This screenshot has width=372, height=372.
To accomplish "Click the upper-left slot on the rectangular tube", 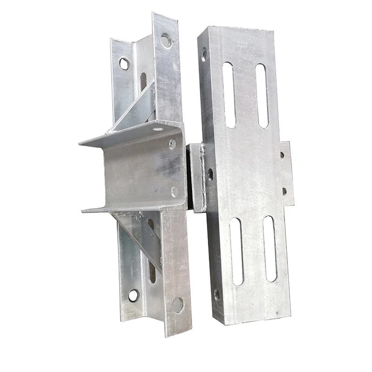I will click(229, 95).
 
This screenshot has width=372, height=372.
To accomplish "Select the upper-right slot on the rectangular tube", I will click(262, 95).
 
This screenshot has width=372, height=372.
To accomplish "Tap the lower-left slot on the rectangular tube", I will click(236, 251).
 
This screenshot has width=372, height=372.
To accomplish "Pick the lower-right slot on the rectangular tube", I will click(270, 249).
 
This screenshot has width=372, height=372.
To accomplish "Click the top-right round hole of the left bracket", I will click(166, 40).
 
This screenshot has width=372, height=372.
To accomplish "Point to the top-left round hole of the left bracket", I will click(124, 63).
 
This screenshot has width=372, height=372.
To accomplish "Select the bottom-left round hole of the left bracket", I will click(133, 295).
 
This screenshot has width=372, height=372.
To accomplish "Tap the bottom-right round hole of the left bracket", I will click(177, 305).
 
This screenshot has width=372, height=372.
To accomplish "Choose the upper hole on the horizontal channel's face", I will click(173, 144).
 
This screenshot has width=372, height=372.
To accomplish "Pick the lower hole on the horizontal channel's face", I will click(174, 191).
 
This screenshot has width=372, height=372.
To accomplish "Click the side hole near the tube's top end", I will click(204, 55).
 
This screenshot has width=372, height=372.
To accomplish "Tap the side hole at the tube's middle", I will click(210, 175).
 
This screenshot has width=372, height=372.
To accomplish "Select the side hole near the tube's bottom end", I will click(217, 295).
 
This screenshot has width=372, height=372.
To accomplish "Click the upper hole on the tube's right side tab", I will click(282, 155).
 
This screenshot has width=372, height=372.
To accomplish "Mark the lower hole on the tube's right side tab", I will click(284, 191).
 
